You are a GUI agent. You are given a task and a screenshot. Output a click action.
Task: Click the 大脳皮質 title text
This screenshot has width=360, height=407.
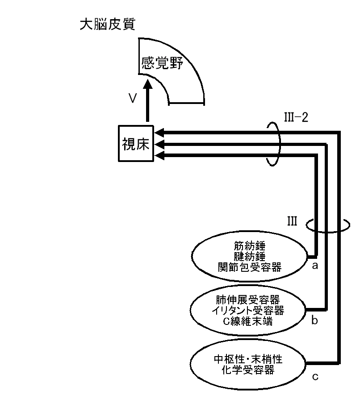pyautogui.click(x=107, y=24)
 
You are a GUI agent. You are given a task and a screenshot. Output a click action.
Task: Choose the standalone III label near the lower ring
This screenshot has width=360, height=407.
pyautogui.click(x=293, y=221)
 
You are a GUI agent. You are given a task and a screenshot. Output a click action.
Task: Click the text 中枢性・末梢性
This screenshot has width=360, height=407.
pyautogui.click(x=249, y=358)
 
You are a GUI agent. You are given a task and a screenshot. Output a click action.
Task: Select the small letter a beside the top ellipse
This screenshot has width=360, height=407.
pyautogui.click(x=315, y=266)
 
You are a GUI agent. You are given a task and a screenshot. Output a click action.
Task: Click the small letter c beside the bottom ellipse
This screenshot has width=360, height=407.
pyautogui.click(x=315, y=377)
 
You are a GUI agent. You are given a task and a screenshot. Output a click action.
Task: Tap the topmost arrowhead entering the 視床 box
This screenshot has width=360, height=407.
pyautogui.click(x=159, y=132)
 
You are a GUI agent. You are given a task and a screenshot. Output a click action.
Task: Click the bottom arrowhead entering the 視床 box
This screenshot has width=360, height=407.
pyautogui.click(x=159, y=154)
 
